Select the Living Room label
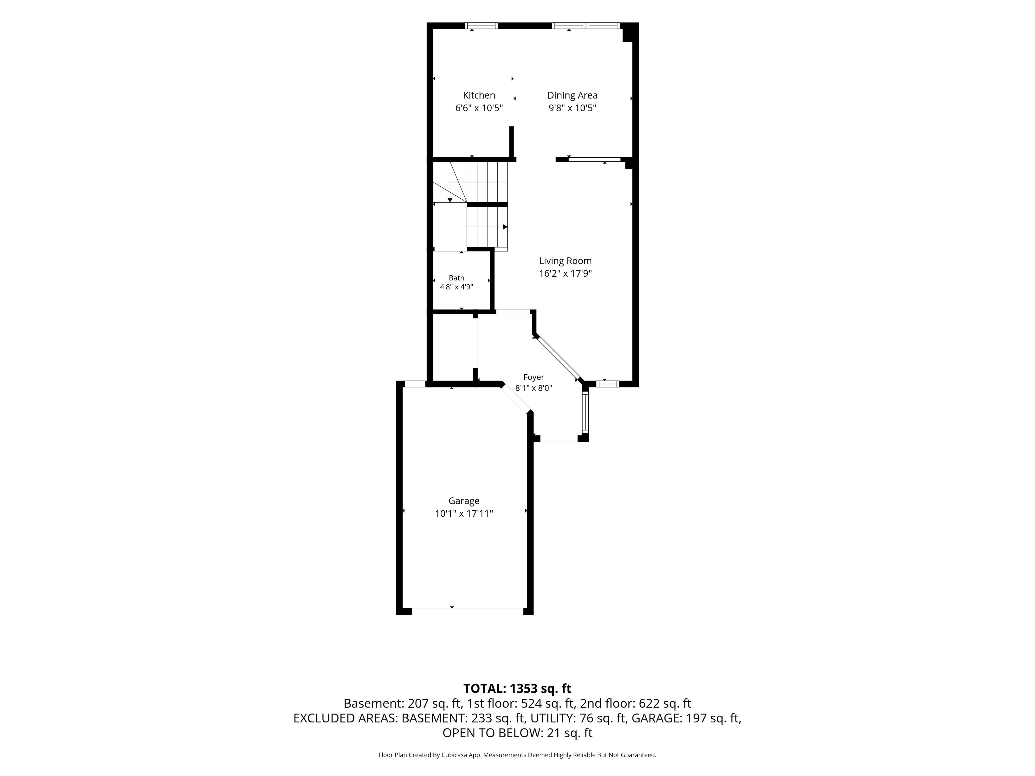pos(565,261)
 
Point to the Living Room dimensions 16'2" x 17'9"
pos(565,274)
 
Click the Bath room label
pos(456,278)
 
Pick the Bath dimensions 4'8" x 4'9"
pos(456,287)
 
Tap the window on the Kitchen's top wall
pos(481,26)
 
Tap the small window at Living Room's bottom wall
pos(607,384)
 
